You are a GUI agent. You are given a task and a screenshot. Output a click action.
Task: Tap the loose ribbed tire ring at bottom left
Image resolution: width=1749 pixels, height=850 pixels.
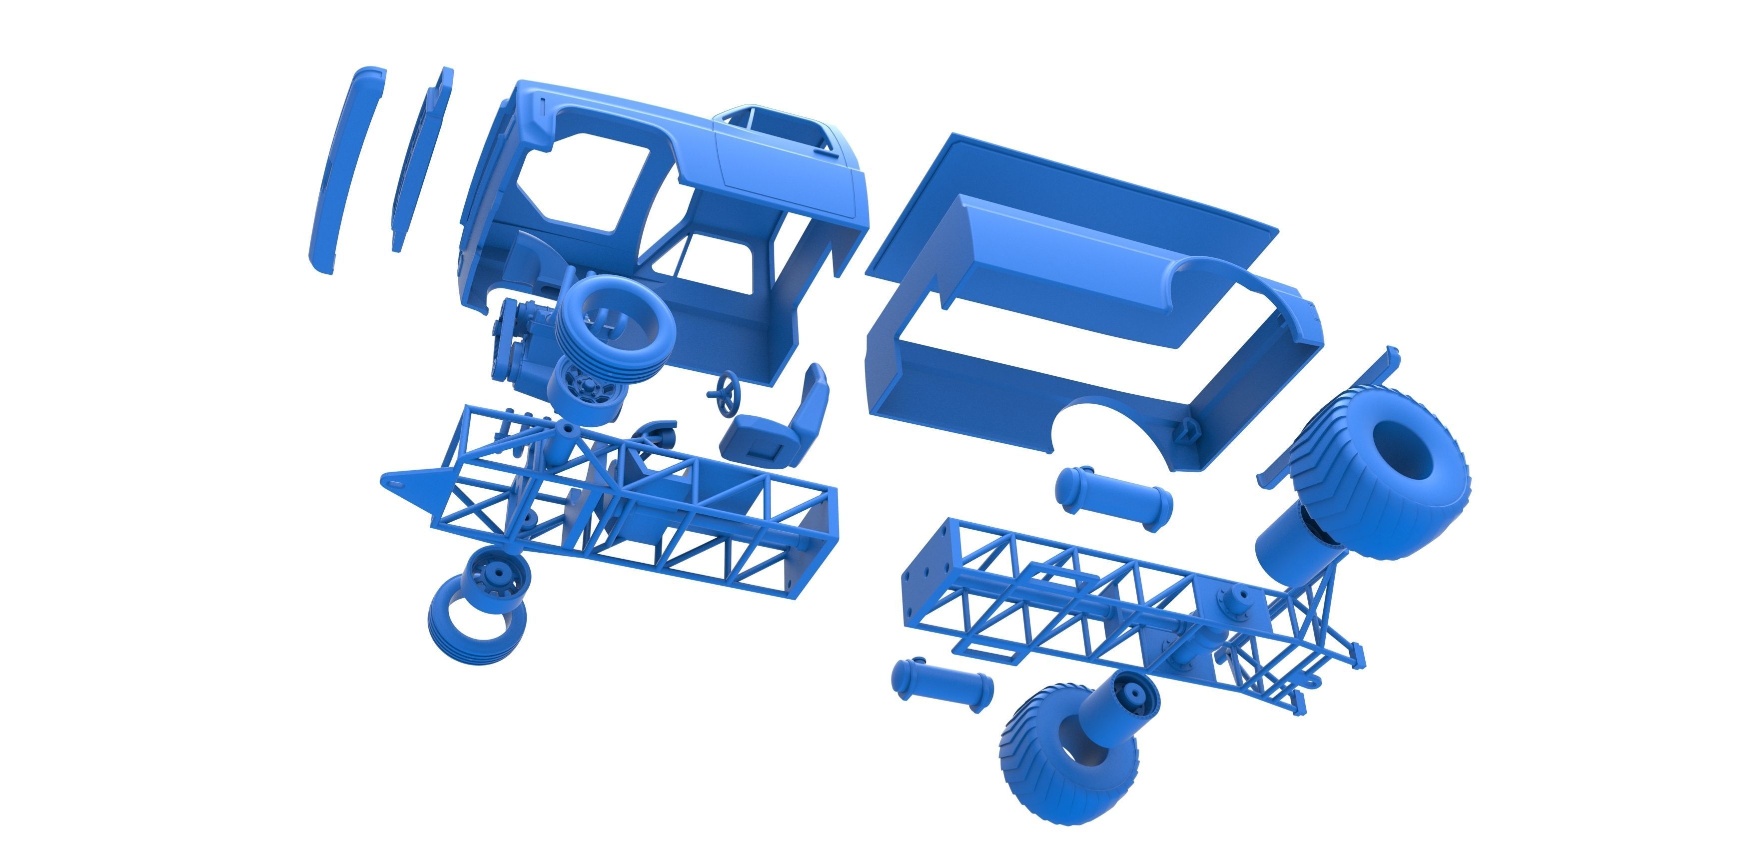click(475, 628)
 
